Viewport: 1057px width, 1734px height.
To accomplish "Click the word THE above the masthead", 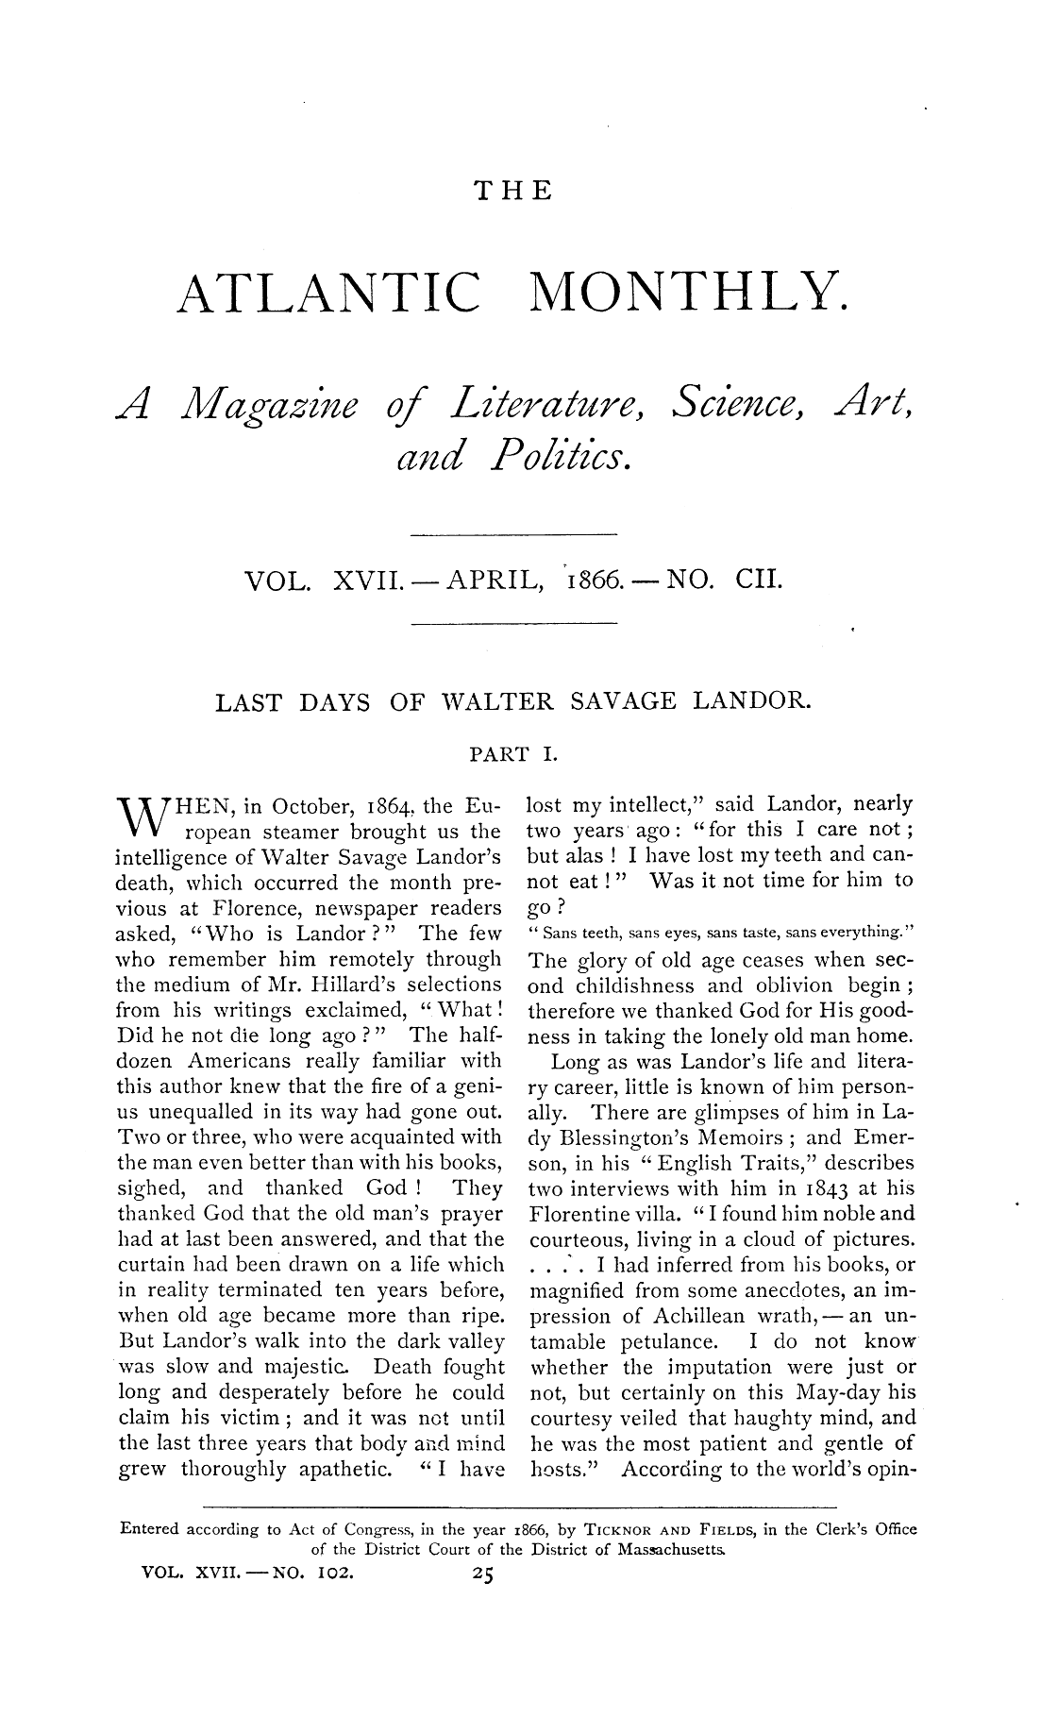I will (513, 193).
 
